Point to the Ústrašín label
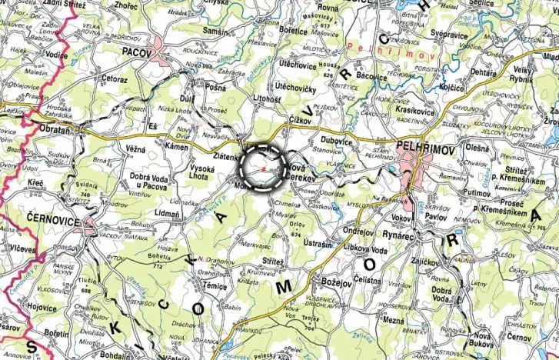coord(318,243)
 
